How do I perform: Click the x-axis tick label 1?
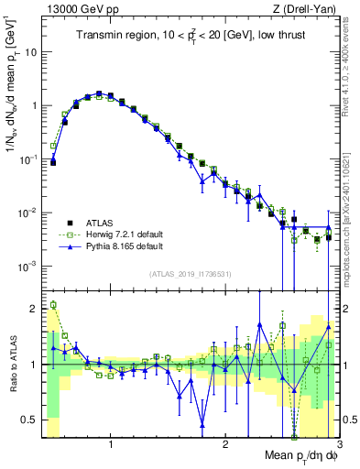(111, 445)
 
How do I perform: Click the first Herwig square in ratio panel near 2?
(53, 305)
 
